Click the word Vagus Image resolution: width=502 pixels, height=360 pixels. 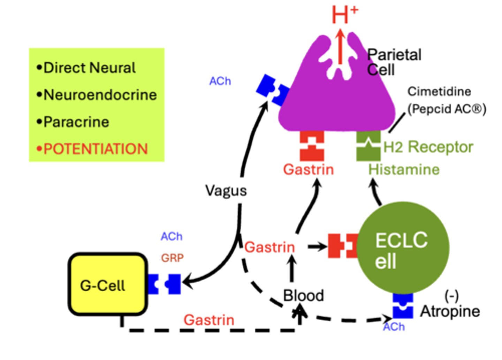[x=226, y=191]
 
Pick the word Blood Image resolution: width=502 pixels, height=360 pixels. [x=303, y=296]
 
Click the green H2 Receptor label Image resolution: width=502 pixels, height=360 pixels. [x=428, y=147]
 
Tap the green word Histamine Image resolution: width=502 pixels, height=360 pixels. [x=404, y=170]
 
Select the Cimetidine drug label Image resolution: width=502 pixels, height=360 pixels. [x=439, y=92]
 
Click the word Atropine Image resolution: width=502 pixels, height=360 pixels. [x=450, y=311]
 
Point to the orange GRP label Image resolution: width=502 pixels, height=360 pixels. [x=172, y=258]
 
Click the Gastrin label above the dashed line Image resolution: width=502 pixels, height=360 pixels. [x=209, y=320]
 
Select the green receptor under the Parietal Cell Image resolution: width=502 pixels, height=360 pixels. [x=368, y=146]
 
